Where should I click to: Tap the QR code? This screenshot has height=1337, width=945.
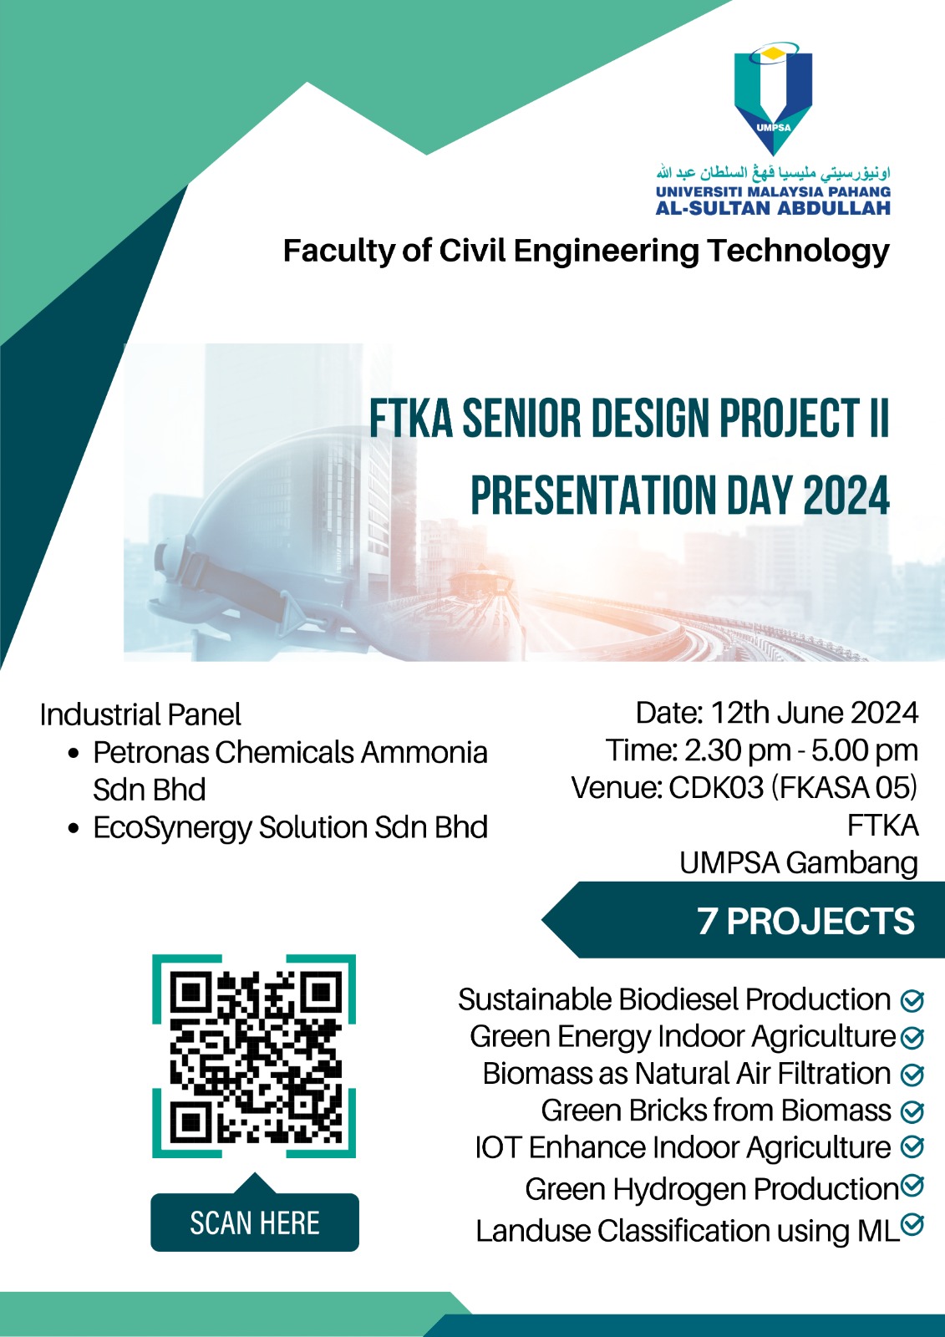pyautogui.click(x=255, y=1056)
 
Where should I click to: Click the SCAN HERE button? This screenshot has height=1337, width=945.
pyautogui.click(x=255, y=1223)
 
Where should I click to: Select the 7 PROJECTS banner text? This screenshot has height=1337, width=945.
pyautogui.click(x=805, y=921)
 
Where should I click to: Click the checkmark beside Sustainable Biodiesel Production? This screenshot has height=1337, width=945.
pyautogui.click(x=912, y=1000)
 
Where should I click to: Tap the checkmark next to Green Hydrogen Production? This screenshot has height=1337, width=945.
pyautogui.click(x=912, y=1185)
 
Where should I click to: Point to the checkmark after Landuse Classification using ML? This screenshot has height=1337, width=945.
pyautogui.click(x=912, y=1224)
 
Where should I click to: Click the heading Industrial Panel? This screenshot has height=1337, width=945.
pyautogui.click(x=140, y=714)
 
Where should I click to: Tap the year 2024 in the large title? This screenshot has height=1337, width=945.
pyautogui.click(x=846, y=496)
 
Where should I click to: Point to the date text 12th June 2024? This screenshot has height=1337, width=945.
pyautogui.click(x=814, y=713)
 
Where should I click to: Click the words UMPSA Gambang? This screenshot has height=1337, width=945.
pyautogui.click(x=798, y=862)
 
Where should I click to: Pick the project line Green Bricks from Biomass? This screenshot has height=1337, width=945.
pyautogui.click(x=716, y=1111)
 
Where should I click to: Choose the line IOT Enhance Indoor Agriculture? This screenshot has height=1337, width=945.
pyautogui.click(x=683, y=1147)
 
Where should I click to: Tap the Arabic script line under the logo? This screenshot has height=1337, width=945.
pyautogui.click(x=773, y=173)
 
